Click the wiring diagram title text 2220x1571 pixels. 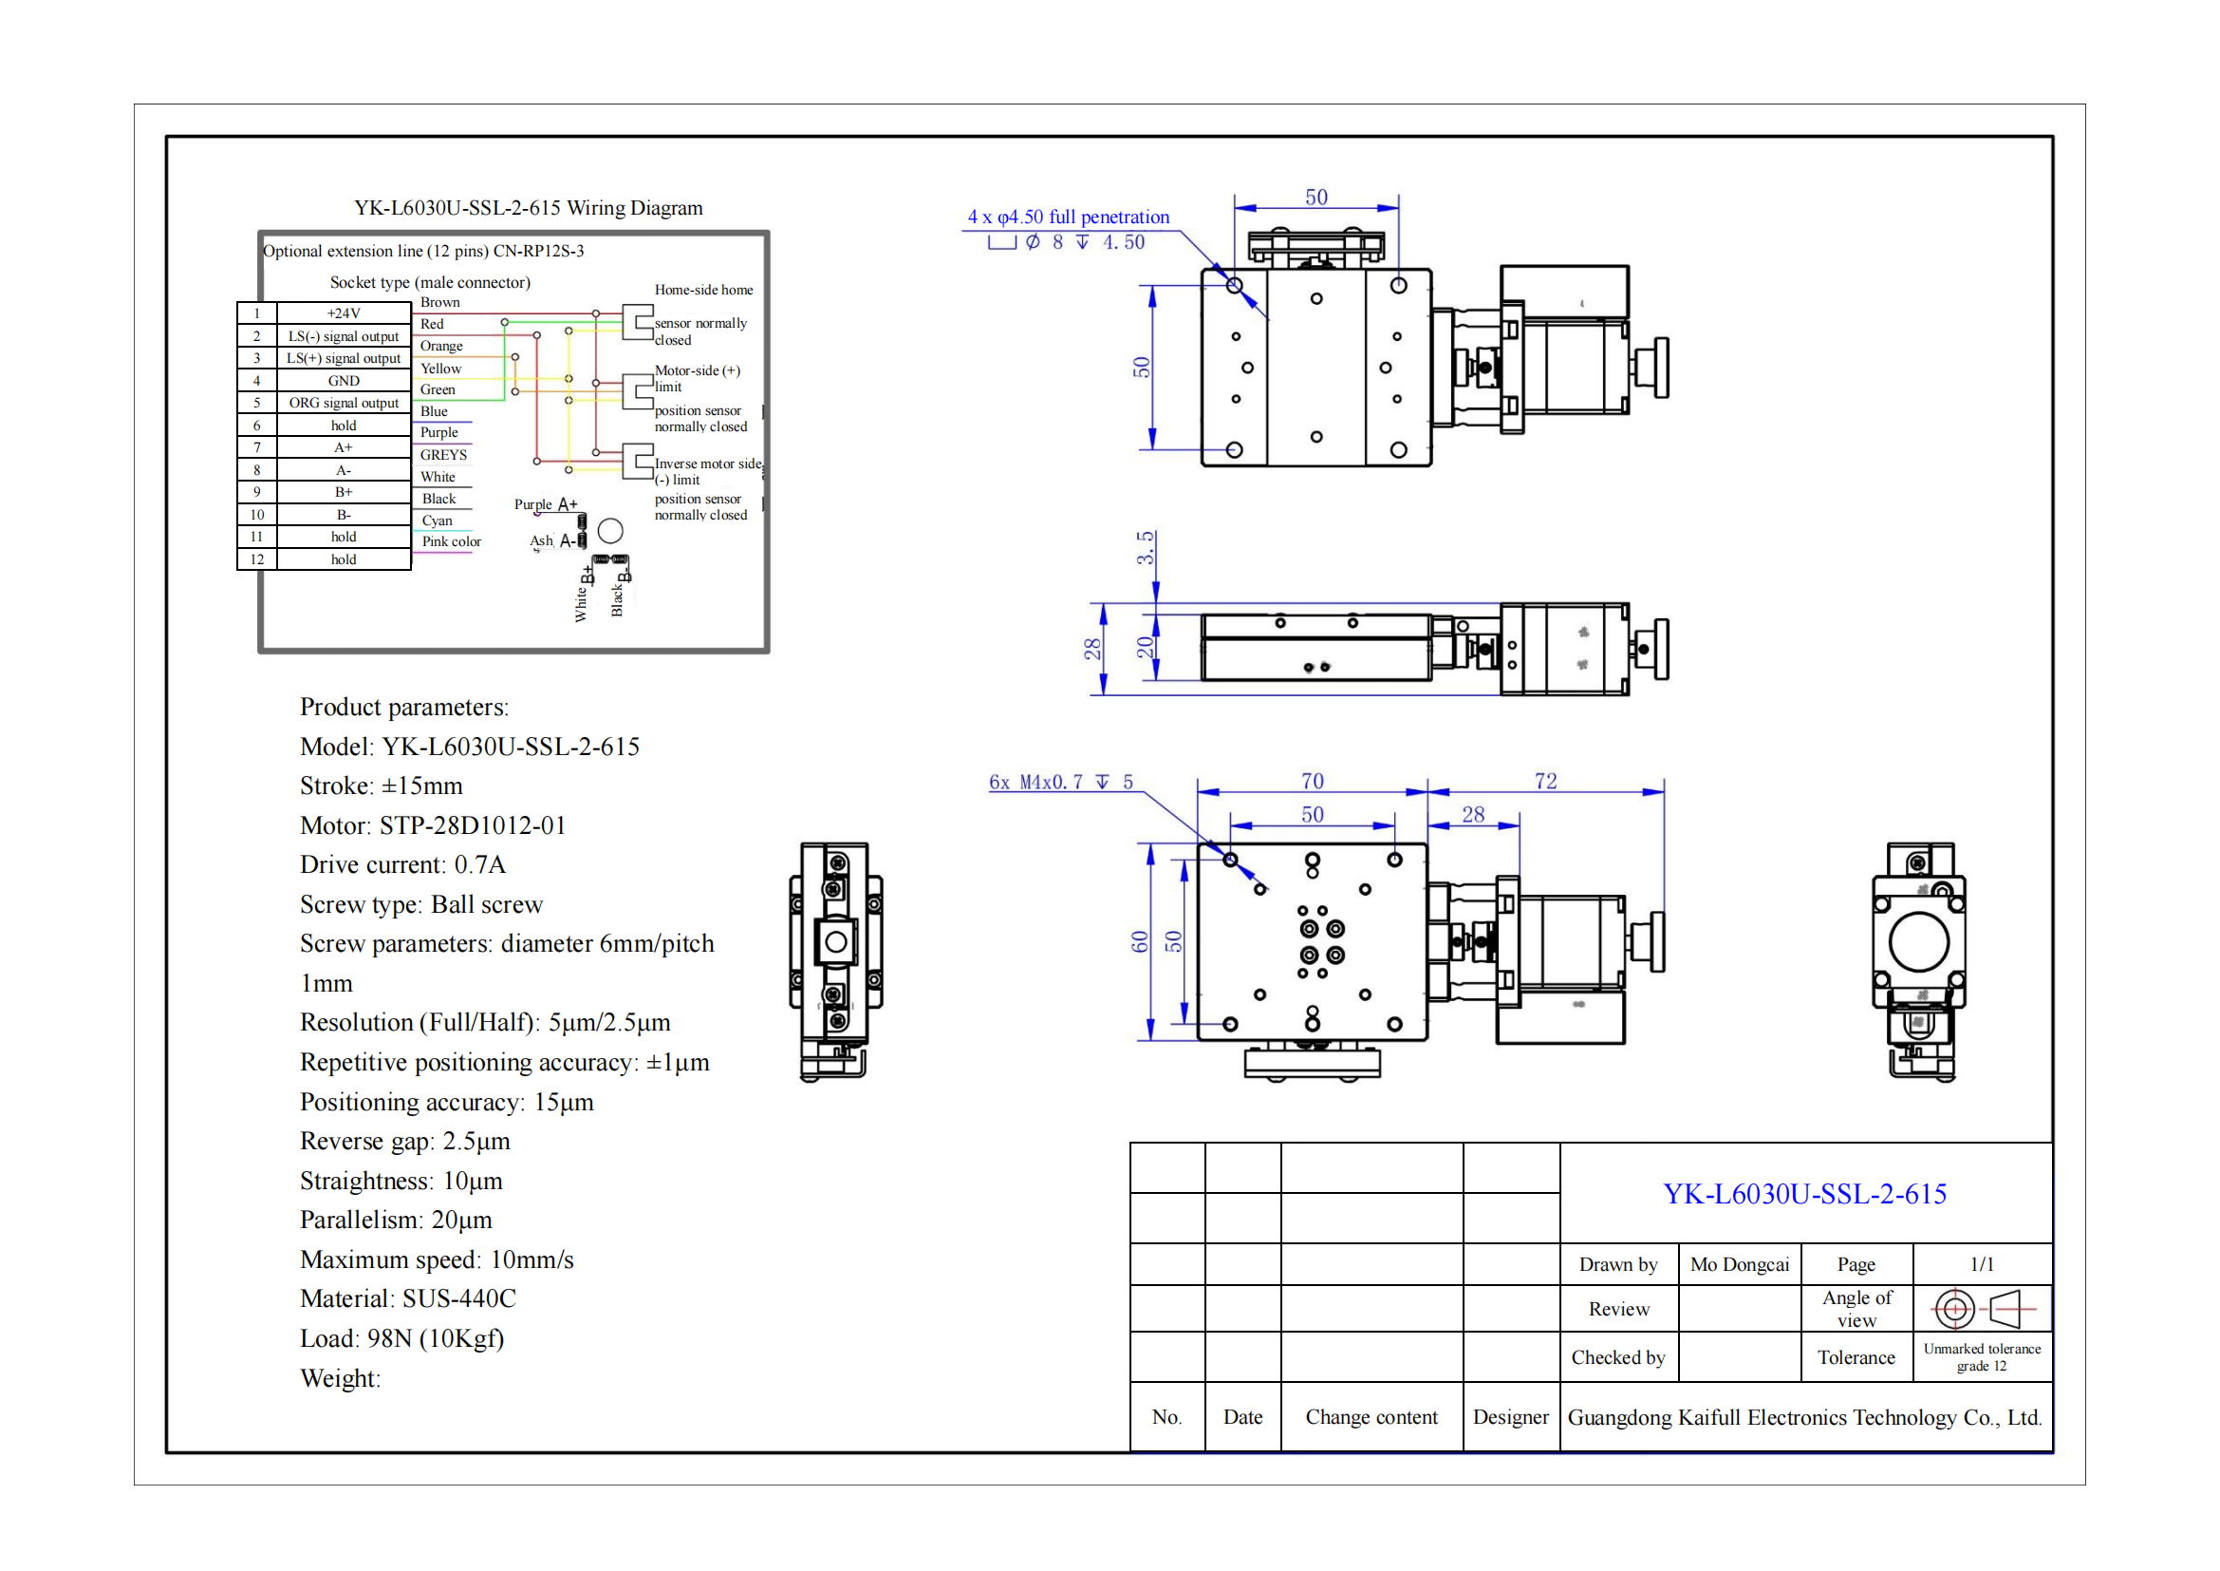528,208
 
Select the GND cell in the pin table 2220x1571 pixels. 344,381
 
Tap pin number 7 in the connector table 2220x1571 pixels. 257,448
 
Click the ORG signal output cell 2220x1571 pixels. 344,404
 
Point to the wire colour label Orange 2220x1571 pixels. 441,347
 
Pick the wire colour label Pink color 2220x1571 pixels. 451,541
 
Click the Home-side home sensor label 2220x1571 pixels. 703,291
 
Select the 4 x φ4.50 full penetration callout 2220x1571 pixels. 1069,218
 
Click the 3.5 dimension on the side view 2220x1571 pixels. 1145,547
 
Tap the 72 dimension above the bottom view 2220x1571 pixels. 1545,782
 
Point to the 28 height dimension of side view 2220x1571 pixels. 1092,649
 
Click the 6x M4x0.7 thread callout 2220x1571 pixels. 1060,783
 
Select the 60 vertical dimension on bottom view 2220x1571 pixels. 1140,942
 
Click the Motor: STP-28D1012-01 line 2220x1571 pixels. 432,826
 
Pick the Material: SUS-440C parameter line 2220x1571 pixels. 407,1299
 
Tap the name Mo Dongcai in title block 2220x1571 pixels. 1740,1265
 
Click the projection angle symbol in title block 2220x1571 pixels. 1982,1310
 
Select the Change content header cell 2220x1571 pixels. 1371,1418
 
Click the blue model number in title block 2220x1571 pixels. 1804,1195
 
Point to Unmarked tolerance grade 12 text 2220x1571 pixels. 1981,1358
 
